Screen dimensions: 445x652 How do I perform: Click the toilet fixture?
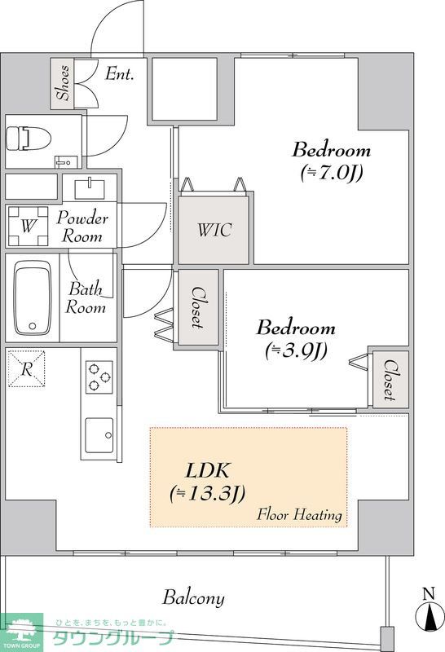[x=29, y=139]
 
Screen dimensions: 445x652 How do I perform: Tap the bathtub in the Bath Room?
[x=33, y=297]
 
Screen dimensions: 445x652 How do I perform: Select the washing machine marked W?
[x=28, y=227]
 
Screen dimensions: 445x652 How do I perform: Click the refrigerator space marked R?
[x=27, y=369]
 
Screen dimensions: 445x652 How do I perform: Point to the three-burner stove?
[x=99, y=377]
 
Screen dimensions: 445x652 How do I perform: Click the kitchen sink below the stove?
[x=99, y=435]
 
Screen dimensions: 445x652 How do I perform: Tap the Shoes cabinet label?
[x=64, y=83]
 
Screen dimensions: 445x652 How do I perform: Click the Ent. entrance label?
[x=119, y=73]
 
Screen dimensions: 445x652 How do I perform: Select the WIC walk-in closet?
[x=214, y=230]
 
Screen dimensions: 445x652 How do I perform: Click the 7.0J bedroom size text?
[x=332, y=173]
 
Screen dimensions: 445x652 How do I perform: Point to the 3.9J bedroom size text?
[x=296, y=351]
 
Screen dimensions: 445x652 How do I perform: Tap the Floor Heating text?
[x=299, y=514]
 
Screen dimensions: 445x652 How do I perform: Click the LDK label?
[x=207, y=471]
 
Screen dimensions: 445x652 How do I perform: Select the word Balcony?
[x=193, y=598]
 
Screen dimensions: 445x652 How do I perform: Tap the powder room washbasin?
[x=90, y=189]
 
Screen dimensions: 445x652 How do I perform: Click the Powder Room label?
[x=82, y=227]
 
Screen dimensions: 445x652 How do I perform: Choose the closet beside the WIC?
[x=198, y=307]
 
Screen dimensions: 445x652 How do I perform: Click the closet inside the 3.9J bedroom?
[x=390, y=379]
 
